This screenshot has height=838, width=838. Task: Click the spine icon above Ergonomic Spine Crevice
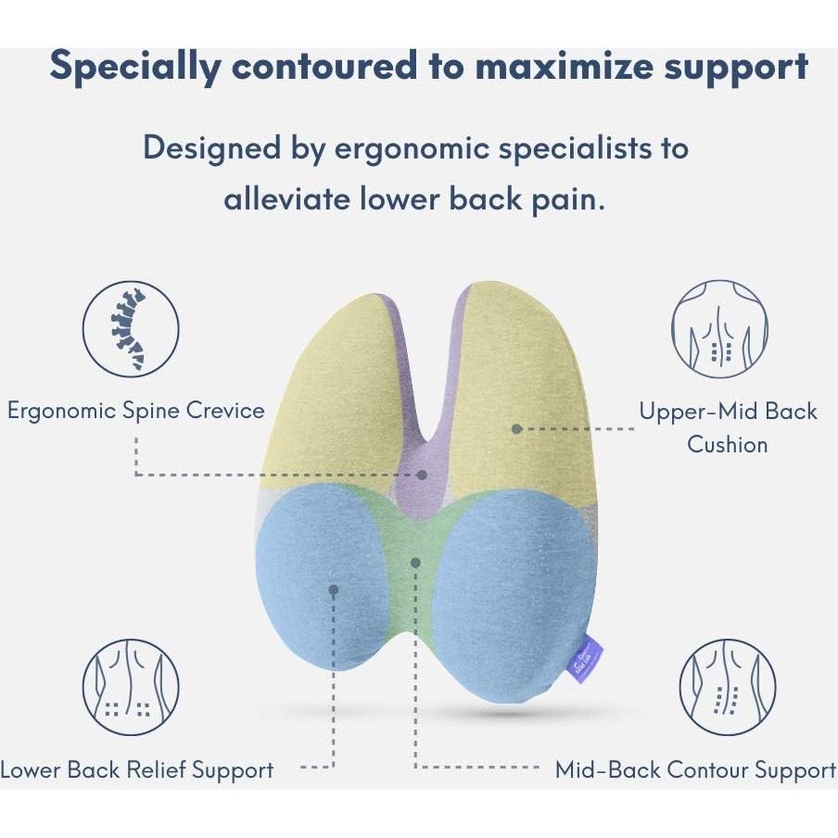click(x=131, y=329)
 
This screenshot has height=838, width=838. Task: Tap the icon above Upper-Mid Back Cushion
click(x=718, y=329)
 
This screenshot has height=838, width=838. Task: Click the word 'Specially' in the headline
click(x=135, y=67)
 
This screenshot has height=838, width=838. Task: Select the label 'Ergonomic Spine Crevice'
click(x=136, y=410)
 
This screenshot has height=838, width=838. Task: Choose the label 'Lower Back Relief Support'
click(x=137, y=769)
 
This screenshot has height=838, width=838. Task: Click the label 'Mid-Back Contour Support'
click(x=695, y=769)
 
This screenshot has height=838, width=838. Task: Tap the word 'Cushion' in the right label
click(x=728, y=444)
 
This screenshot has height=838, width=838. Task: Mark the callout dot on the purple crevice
click(x=423, y=474)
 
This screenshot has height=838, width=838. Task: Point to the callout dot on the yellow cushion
click(x=516, y=428)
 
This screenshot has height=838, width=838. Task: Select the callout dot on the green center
click(x=416, y=561)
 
